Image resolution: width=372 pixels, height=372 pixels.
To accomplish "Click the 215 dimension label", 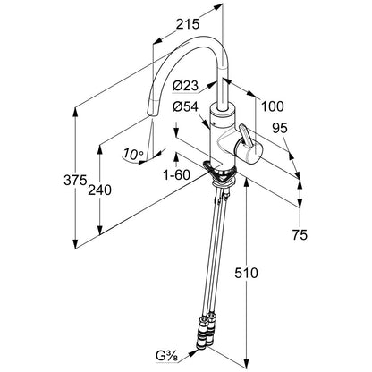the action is (x=187, y=24).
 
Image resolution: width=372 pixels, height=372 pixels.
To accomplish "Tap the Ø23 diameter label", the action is (x=185, y=86).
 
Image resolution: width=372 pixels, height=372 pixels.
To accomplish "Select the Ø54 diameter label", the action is (x=185, y=106).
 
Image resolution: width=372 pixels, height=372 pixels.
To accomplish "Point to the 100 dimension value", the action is (x=273, y=106).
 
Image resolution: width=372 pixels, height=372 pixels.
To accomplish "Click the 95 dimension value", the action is (x=280, y=128).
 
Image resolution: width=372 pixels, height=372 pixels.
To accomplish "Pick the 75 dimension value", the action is (x=300, y=235).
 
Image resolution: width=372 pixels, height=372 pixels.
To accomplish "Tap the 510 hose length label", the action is (x=246, y=273).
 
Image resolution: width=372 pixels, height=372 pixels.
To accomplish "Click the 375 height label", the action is (x=75, y=180).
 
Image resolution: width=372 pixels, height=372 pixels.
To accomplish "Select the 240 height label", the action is (x=99, y=190).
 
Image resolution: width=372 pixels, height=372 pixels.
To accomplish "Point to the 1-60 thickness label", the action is (x=176, y=174).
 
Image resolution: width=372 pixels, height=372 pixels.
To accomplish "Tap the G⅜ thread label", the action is (x=166, y=356).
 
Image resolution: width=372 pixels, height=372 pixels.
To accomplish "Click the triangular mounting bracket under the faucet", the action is (x=219, y=173).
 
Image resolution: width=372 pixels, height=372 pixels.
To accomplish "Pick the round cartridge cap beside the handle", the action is (x=249, y=152).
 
